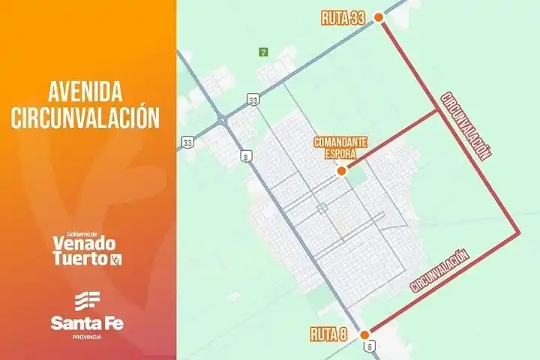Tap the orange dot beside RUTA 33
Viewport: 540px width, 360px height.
click(x=379, y=18)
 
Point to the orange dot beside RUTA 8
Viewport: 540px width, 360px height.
click(x=364, y=334)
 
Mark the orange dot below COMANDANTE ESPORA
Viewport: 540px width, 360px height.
click(x=342, y=171)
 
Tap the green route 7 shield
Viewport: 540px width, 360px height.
click(x=262, y=52)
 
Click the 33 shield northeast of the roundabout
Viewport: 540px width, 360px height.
click(x=254, y=99)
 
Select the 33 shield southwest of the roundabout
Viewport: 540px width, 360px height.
click(x=187, y=142)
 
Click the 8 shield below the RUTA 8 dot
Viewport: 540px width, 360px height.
click(x=369, y=346)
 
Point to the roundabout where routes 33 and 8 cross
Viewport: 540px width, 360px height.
click(x=223, y=120)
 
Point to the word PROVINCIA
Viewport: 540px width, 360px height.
click(x=87, y=337)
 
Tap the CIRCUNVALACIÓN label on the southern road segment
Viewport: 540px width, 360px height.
click(x=440, y=270)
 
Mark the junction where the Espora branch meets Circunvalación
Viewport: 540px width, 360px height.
click(x=437, y=111)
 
